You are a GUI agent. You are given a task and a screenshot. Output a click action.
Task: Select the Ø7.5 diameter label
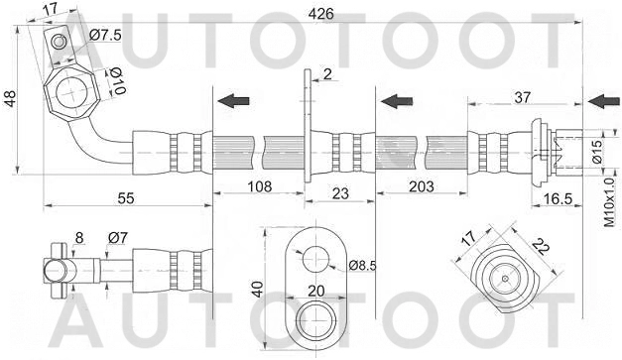point(105,37)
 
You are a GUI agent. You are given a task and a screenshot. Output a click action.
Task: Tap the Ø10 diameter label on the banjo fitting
point(115,80)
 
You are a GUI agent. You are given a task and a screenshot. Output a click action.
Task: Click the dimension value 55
point(125,199)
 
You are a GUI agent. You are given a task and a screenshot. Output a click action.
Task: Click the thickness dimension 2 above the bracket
point(326,74)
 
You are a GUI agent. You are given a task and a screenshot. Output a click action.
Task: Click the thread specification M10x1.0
point(610,203)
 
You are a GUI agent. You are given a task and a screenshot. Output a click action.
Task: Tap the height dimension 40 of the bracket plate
point(257,290)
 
